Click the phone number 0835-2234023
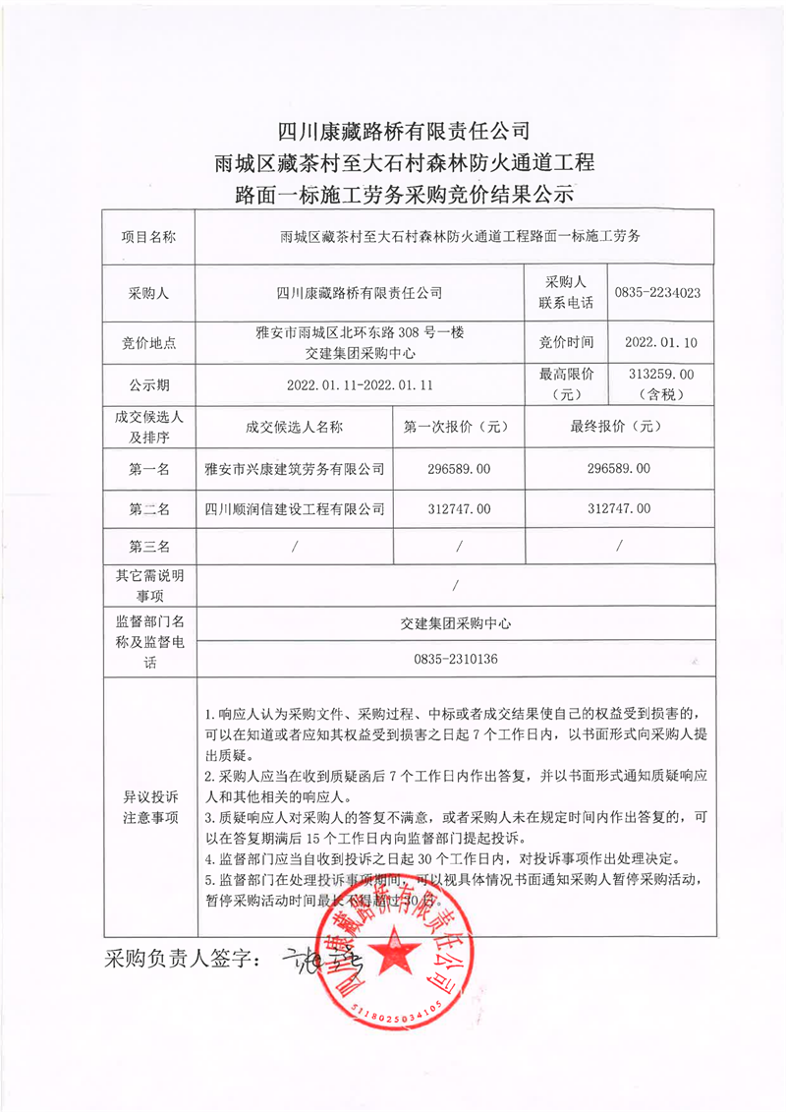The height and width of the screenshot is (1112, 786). coord(657,293)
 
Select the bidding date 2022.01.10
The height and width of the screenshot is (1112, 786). coord(660,342)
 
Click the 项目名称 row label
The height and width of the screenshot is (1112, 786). coord(149,237)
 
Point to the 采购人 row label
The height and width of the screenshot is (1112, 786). coord(149,293)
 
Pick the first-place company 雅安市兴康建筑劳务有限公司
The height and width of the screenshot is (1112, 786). coord(293,469)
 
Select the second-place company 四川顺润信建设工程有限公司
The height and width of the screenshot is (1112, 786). coord(293,508)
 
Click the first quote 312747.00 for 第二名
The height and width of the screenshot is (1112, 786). coord(459,508)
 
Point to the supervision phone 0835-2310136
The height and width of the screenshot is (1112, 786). coord(457,659)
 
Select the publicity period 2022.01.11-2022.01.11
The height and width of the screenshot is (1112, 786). coord(360,383)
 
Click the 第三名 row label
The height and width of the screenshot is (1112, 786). coord(149,546)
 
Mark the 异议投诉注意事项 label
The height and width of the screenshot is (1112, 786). coord(149,806)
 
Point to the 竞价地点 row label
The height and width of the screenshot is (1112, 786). coord(149,342)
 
